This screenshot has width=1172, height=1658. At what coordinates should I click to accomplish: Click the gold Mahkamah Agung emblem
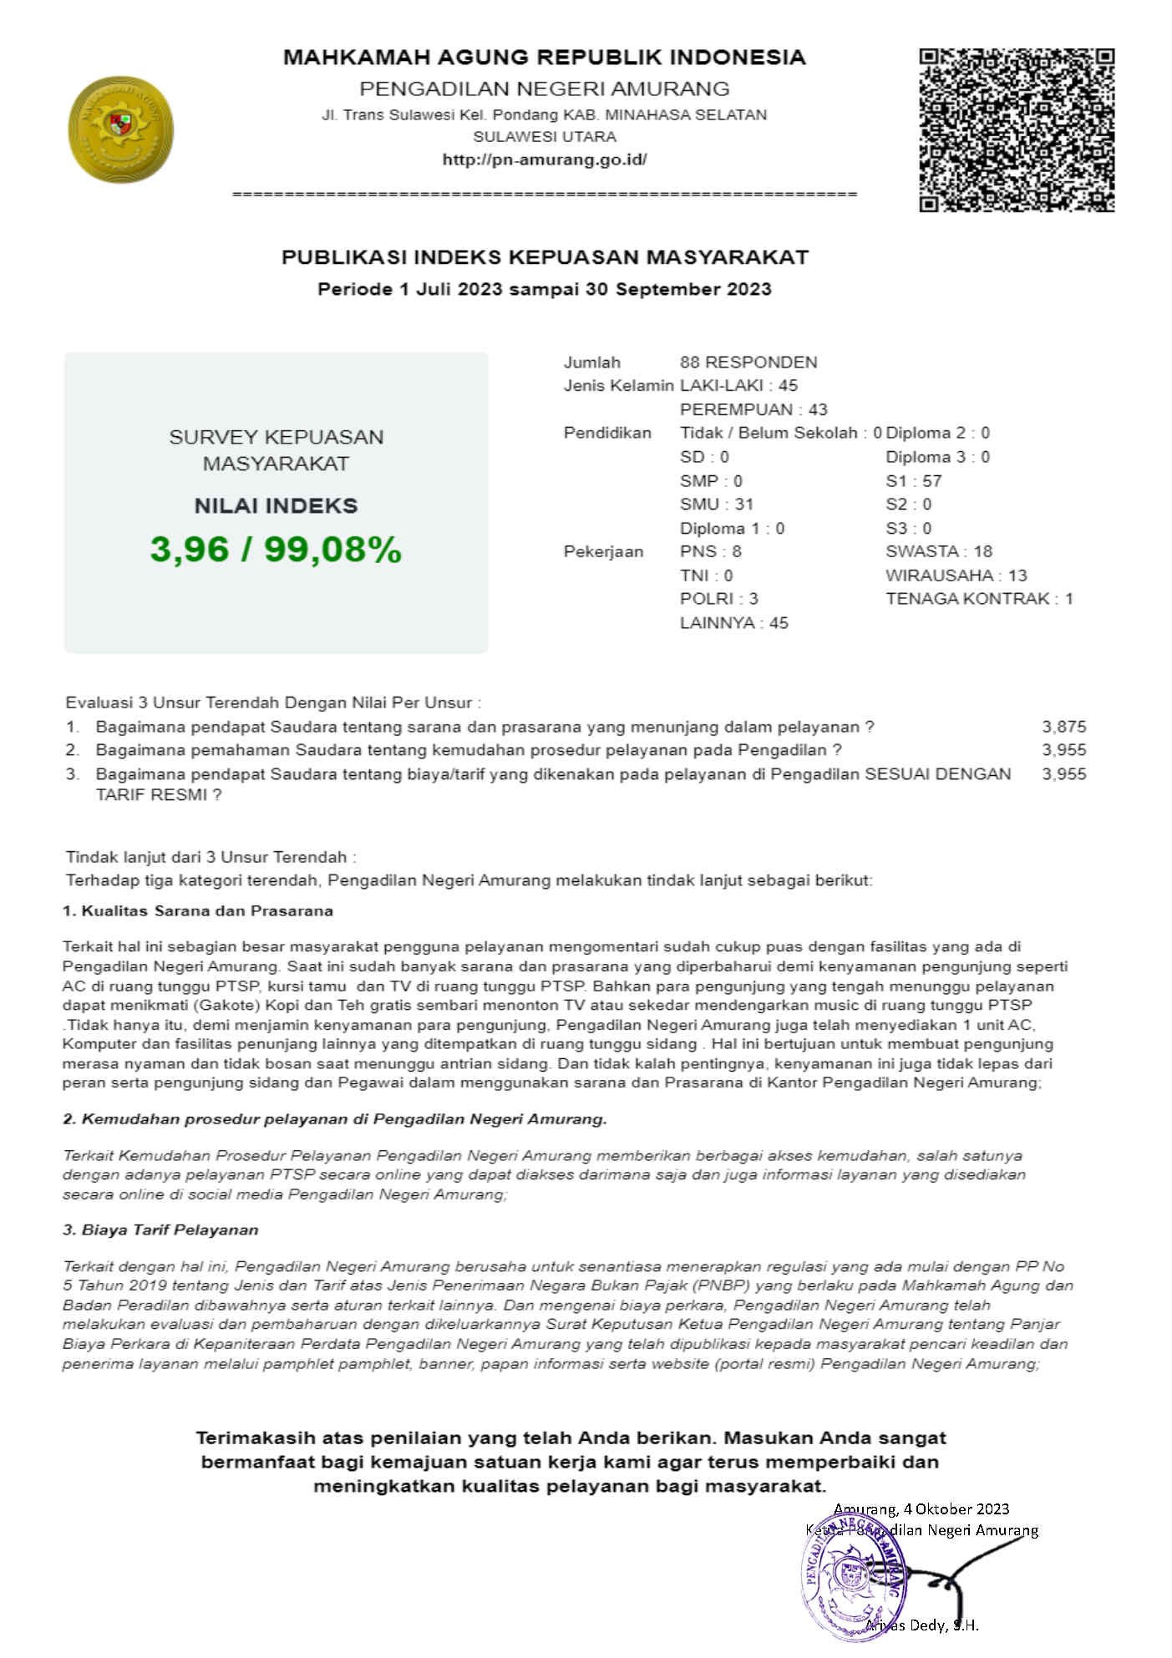point(120,129)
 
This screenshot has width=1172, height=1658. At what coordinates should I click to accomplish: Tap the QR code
point(1017,130)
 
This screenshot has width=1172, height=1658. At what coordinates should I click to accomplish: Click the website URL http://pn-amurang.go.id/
point(544,160)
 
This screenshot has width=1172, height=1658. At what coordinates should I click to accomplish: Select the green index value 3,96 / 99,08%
point(276,550)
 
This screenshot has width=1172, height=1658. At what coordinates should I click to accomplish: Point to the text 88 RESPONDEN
point(748,363)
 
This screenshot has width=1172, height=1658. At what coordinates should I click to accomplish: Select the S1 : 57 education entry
point(913,481)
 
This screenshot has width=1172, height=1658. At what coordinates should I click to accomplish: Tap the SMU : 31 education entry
point(716,504)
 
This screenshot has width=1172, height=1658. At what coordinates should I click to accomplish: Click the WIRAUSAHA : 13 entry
point(956,575)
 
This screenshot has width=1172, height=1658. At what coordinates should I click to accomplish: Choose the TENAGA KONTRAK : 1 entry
point(979,599)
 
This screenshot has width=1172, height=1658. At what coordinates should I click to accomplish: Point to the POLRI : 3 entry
point(718,599)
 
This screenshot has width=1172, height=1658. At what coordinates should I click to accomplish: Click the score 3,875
point(1063,727)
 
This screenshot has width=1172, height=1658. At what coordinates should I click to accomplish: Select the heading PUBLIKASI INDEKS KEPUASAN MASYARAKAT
point(545,257)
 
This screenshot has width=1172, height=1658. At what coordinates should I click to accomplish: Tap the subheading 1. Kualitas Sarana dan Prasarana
point(198,911)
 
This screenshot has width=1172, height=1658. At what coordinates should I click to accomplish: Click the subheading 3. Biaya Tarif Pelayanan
point(160,1230)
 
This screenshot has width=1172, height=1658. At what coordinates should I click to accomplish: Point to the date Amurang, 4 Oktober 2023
point(921,1509)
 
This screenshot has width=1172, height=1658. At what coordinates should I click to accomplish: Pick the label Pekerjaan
point(603,552)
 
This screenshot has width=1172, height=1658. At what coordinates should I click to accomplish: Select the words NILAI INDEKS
point(276,506)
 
